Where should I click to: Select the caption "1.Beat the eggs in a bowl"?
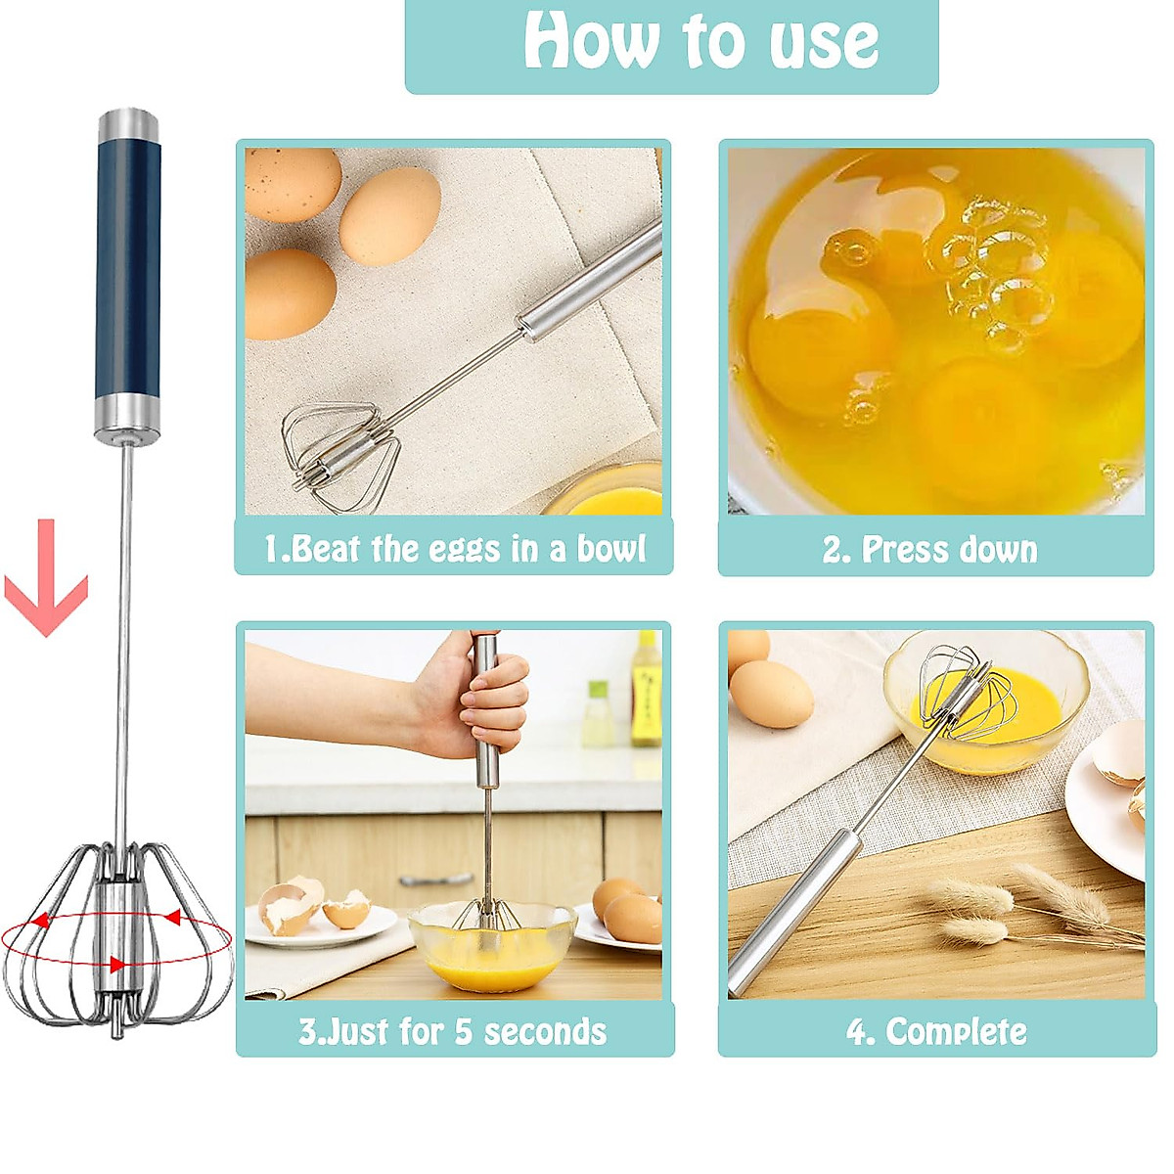[454, 549]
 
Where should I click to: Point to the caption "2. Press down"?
[929, 550]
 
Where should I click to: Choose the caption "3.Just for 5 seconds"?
[452, 1031]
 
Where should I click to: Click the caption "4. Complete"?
[936, 1031]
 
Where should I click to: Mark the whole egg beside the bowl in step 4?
[771, 693]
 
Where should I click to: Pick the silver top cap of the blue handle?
[128, 123]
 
